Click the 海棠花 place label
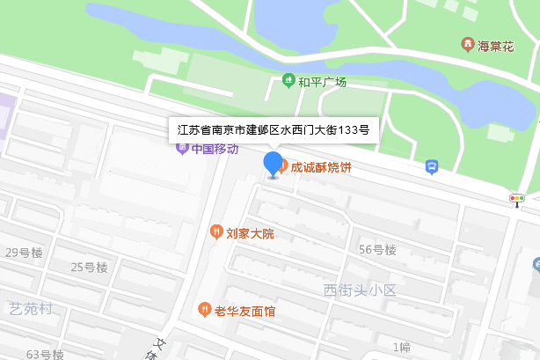pos(496,45)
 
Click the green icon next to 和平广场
pos(288,82)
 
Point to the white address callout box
pos(273,129)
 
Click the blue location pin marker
pos(274,164)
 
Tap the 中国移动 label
pos(215,149)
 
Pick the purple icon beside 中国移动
pos(182,149)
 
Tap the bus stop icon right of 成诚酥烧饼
pos(432,166)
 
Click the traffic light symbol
pos(517,199)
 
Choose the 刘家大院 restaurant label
pos(251,233)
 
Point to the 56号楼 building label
pos(377,249)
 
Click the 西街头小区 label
pos(361,290)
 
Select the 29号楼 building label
pos(24,253)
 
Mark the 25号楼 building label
pos(89,268)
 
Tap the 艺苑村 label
pos(32,308)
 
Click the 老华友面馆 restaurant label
pos(245,311)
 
